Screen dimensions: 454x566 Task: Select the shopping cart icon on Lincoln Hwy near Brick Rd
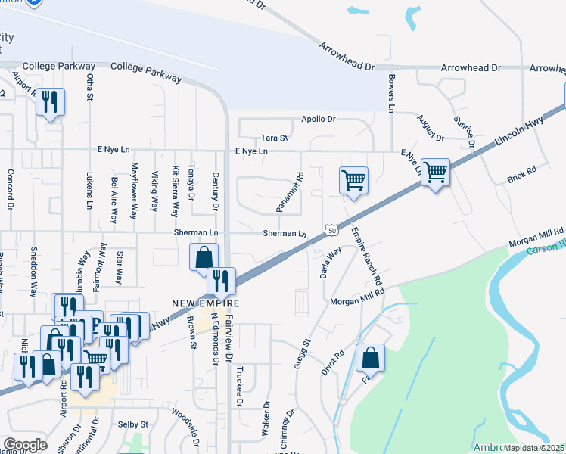(435, 173)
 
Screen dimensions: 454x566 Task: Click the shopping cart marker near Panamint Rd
(353, 182)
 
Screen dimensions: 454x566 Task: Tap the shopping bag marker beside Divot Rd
(370, 359)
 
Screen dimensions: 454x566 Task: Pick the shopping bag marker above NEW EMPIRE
(204, 257)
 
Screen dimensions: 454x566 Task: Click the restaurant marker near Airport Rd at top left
(51, 102)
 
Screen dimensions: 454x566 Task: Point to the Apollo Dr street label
(318, 120)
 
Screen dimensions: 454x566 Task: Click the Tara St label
(275, 138)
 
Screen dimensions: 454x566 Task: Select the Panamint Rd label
(290, 191)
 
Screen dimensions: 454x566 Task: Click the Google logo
(25, 444)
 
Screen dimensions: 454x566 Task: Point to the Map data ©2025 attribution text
(533, 448)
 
